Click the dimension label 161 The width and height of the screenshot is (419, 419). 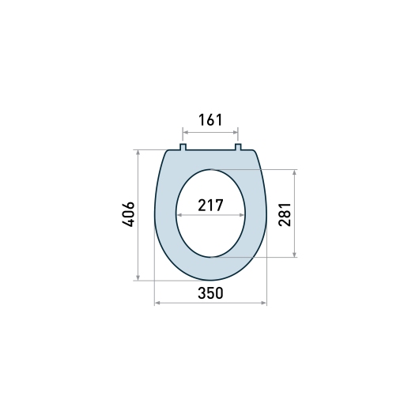click(210, 120)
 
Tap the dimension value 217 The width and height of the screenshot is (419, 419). click(210, 206)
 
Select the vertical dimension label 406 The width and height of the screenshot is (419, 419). click(128, 214)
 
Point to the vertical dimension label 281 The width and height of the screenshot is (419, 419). click(285, 214)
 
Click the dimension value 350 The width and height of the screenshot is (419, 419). click(210, 293)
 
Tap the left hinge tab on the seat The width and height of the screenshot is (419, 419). click(183, 147)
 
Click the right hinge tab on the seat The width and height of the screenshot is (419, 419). click(238, 147)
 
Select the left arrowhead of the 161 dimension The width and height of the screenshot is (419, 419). click(185, 132)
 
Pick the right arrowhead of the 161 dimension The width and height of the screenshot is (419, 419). click(236, 132)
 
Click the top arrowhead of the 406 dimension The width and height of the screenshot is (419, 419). click(138, 153)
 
